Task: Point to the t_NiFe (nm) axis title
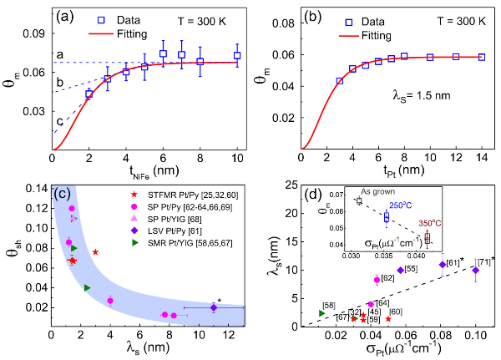tap(144, 175)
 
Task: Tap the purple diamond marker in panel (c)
tap(214, 307)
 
